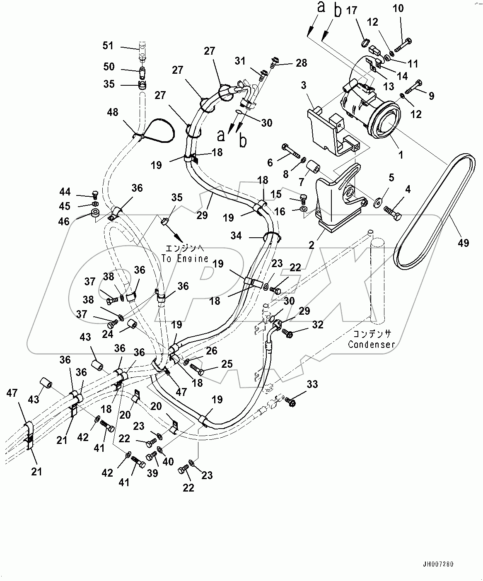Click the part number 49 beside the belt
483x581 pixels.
(463, 243)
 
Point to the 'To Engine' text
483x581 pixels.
(185, 258)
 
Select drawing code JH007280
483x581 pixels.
(438, 564)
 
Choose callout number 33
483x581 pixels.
(312, 384)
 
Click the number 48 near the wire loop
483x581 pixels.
(112, 112)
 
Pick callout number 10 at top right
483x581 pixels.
(398, 8)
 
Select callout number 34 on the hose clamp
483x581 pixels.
(236, 236)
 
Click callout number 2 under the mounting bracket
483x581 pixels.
(312, 245)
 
